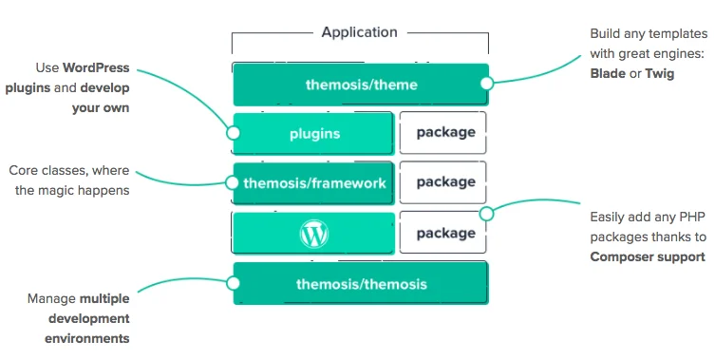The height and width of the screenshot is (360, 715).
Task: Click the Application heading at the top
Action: click(359, 32)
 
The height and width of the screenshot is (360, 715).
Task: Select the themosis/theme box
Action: click(361, 85)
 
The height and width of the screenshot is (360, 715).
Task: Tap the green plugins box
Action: click(313, 133)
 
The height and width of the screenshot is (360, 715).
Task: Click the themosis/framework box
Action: click(314, 182)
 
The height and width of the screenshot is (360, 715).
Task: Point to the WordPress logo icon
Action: click(313, 233)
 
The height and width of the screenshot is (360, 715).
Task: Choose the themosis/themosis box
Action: click(361, 283)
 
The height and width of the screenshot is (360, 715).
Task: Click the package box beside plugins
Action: click(444, 132)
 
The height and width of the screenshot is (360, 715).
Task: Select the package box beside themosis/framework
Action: click(444, 182)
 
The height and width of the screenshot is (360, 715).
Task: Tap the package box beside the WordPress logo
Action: click(444, 233)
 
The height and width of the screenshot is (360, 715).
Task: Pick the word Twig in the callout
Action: click(659, 73)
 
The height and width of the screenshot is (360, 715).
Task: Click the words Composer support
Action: click(648, 256)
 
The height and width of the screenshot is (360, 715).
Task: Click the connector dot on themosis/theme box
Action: click(487, 84)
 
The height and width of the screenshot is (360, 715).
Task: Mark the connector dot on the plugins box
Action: click(234, 135)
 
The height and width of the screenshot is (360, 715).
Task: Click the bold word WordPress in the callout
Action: click(96, 68)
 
